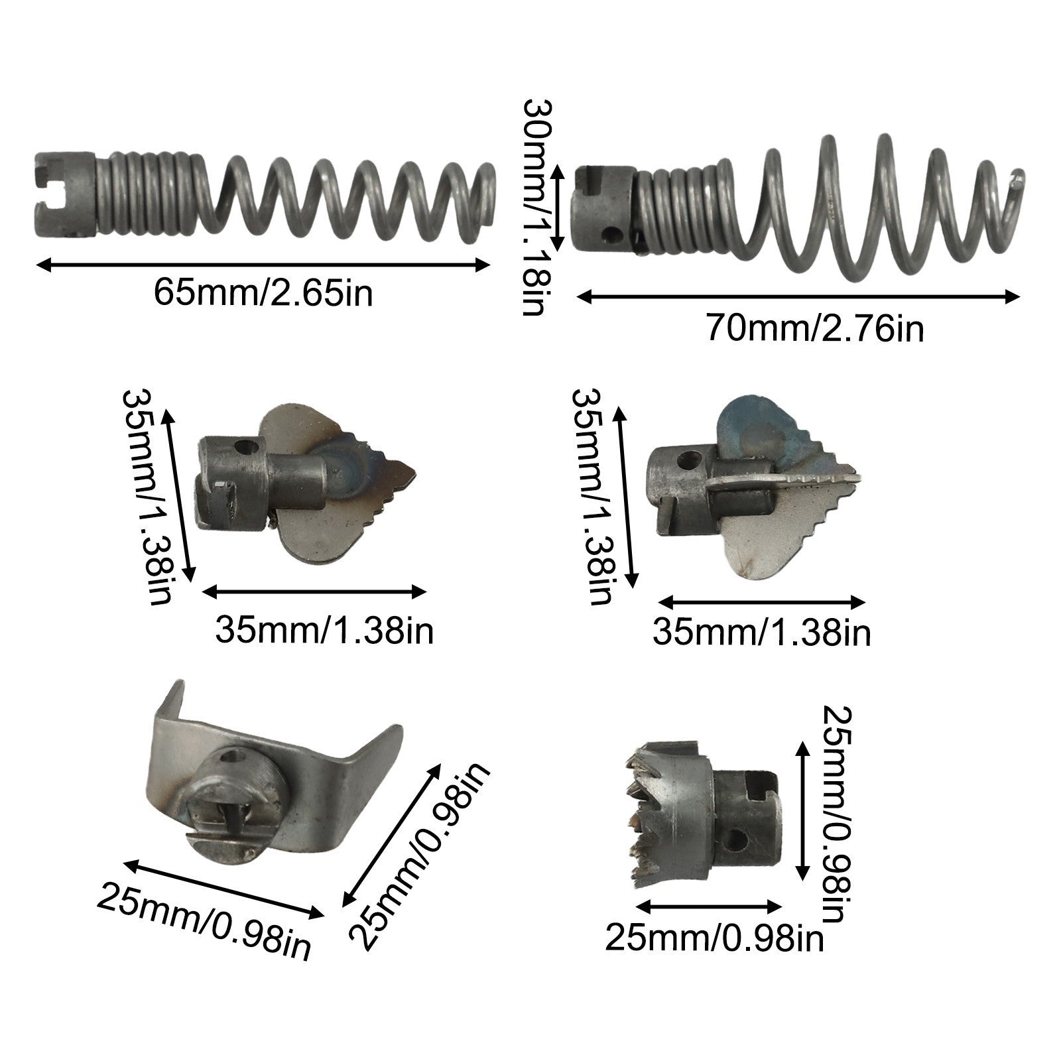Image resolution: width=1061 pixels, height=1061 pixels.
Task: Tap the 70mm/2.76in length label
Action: point(814,328)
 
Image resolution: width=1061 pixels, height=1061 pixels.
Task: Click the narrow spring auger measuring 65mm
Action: point(264,196)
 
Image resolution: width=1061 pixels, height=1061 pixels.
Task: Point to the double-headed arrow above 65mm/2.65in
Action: point(263,265)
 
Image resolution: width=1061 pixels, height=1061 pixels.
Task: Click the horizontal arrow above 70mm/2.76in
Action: point(798,296)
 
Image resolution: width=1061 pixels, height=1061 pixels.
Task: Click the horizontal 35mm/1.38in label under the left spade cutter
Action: point(324,630)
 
